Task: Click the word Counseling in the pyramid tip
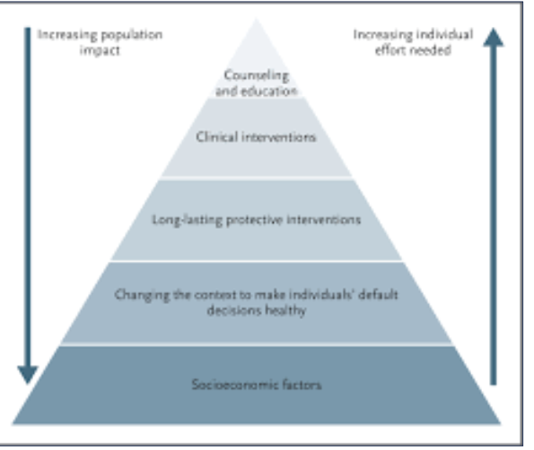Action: [x=257, y=75]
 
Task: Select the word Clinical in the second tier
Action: [x=216, y=137]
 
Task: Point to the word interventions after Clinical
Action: [x=278, y=137]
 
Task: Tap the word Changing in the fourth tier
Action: [x=142, y=295]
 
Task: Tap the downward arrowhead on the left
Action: [x=28, y=375]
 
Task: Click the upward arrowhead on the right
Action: [x=493, y=37]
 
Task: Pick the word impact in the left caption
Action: [x=100, y=50]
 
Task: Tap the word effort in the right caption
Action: [x=390, y=50]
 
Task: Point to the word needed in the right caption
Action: [x=431, y=50]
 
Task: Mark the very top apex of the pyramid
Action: [x=257, y=19]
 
